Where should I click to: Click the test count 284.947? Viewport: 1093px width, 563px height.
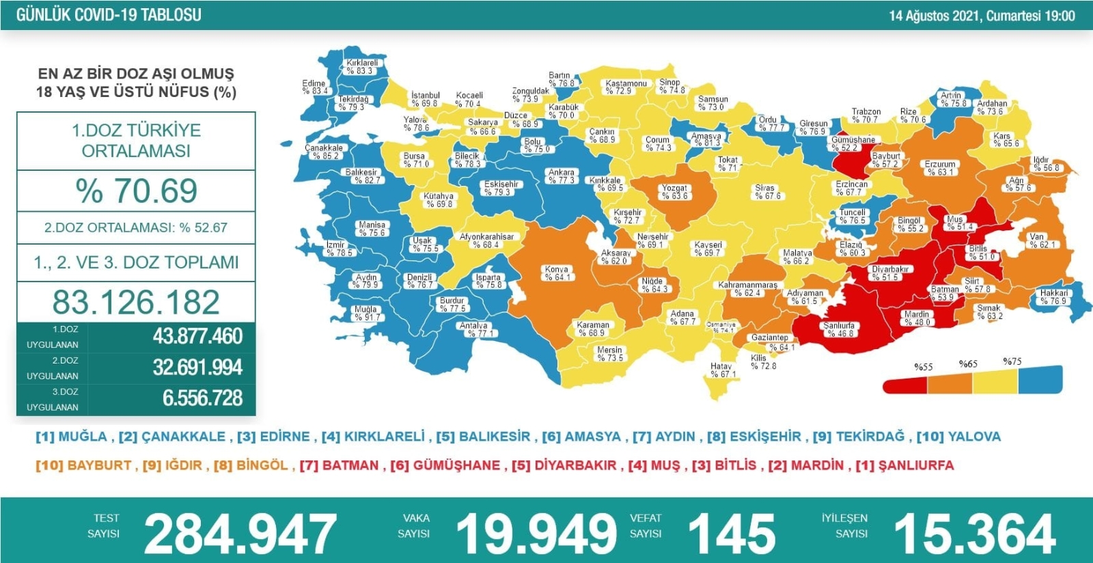point(240,534)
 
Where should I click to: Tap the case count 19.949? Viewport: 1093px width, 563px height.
point(536,534)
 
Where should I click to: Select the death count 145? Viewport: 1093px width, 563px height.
point(732,534)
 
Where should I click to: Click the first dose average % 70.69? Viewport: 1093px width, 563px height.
point(137,191)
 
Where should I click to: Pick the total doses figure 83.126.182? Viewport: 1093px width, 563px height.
point(136,302)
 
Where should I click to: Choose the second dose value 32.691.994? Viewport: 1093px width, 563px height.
point(197,368)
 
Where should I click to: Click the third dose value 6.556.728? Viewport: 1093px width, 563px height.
point(202,398)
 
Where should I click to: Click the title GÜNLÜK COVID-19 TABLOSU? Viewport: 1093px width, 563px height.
point(109,15)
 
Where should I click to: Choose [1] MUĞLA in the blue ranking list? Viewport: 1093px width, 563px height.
point(72,437)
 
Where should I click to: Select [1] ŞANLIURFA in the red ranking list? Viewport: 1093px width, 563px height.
point(904,465)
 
